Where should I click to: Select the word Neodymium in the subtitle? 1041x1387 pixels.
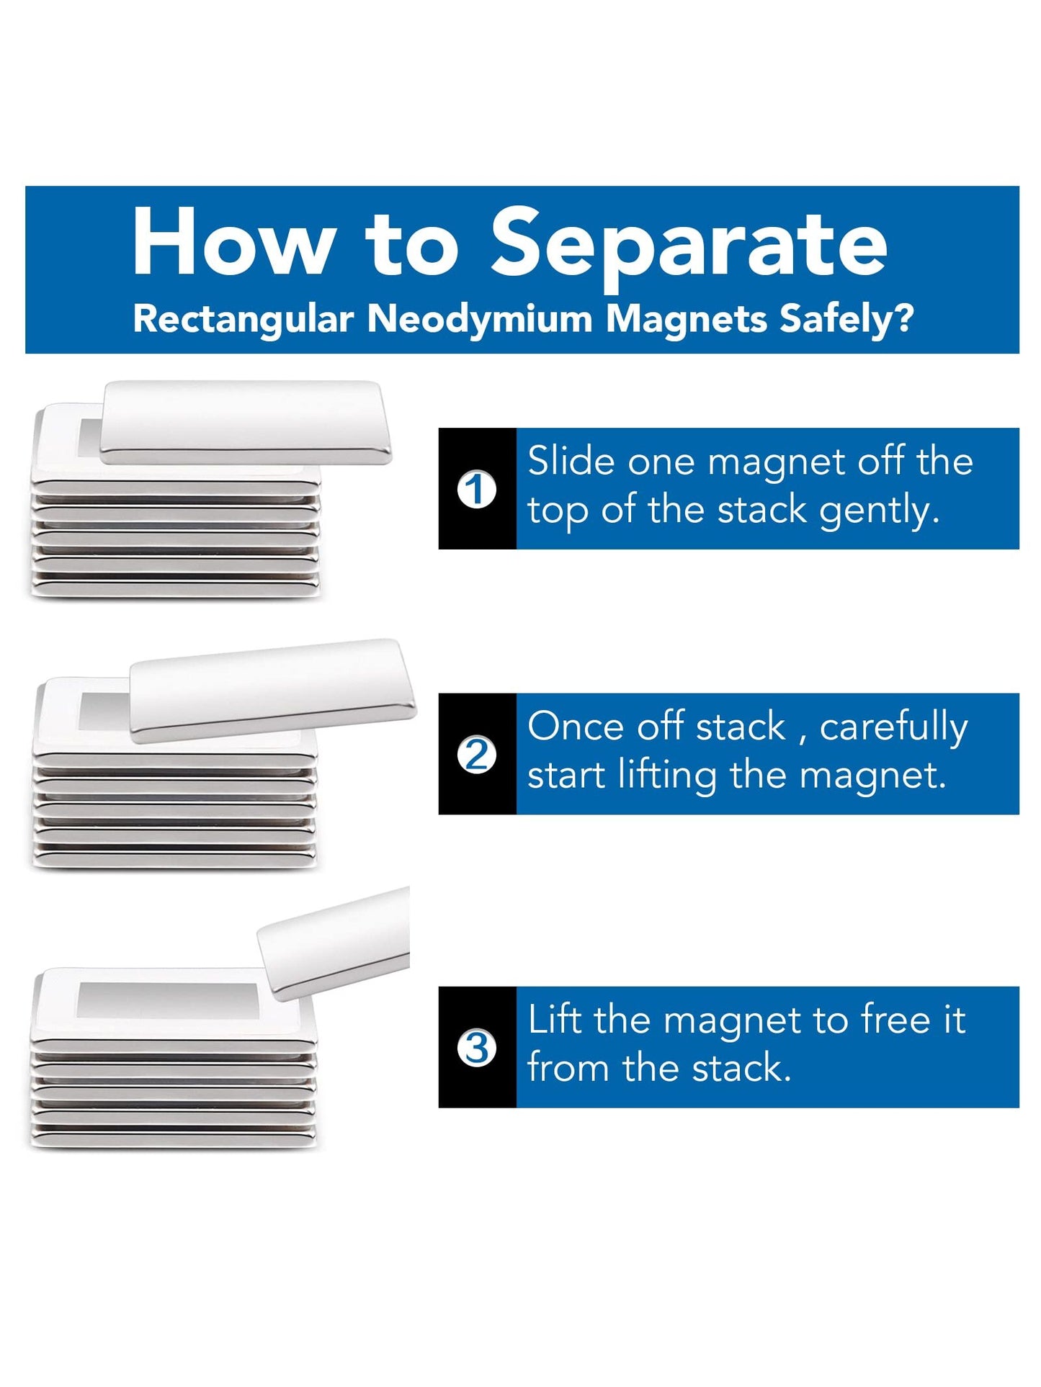pos(480,319)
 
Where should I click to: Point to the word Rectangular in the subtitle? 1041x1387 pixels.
pos(244,319)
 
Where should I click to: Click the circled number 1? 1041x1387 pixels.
pos(477,490)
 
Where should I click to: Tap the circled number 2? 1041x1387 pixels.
pos(477,755)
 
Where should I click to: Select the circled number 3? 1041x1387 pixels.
pos(477,1048)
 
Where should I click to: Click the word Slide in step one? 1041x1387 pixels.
pos(571,461)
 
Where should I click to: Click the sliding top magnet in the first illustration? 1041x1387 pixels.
pos(246,422)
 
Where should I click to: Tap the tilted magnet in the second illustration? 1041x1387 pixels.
pos(272,690)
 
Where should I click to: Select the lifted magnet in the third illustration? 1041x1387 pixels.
pos(334,943)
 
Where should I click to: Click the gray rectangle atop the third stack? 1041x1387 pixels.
pos(168,1000)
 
